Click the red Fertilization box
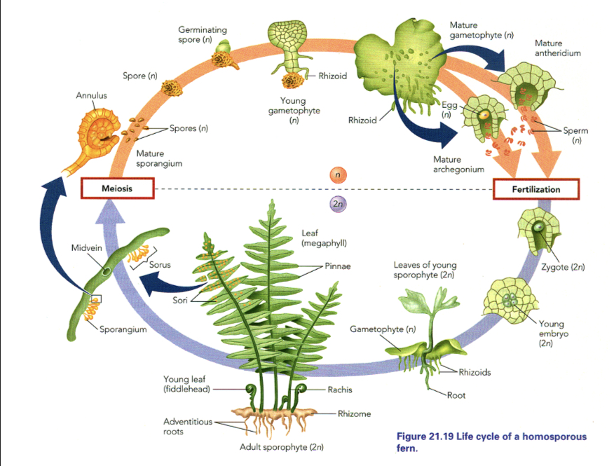536,189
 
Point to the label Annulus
91,95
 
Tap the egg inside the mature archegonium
484,115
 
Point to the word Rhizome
354,413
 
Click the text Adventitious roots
184,426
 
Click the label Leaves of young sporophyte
425,270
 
